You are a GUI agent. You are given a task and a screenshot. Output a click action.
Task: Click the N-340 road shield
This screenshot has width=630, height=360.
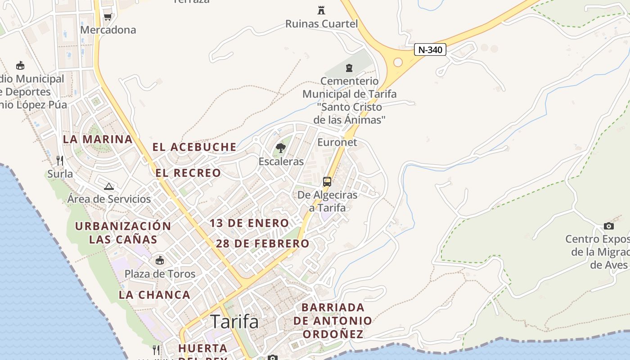click(x=430, y=49)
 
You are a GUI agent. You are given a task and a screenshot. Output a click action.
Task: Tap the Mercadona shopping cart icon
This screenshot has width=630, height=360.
click(x=108, y=17)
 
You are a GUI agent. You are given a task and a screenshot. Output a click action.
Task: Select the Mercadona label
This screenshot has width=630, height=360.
click(x=108, y=30)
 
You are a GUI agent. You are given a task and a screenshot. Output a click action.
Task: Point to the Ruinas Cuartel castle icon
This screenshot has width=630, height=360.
click(x=321, y=10)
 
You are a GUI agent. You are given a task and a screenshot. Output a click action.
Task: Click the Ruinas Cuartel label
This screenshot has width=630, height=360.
click(x=321, y=23)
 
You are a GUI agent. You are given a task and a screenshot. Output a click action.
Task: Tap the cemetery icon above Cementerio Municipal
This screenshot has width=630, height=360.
click(x=349, y=68)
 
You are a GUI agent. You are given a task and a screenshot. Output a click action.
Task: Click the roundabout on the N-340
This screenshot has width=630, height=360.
click(x=398, y=62)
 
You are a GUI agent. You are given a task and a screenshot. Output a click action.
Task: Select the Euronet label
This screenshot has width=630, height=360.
click(x=337, y=142)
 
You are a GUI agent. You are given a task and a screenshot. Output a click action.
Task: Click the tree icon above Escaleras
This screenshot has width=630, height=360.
click(x=281, y=148)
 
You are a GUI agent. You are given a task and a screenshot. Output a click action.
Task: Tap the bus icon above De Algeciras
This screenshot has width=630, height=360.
click(x=327, y=182)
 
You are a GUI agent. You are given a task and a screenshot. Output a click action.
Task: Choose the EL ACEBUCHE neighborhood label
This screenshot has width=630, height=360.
click(x=194, y=147)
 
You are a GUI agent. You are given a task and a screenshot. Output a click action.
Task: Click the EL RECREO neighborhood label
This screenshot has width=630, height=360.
click(x=188, y=173)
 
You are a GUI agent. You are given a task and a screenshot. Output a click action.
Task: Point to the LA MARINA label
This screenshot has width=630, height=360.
click(x=98, y=139)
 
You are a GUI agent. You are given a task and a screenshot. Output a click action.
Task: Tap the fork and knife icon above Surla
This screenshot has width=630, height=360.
click(x=60, y=160)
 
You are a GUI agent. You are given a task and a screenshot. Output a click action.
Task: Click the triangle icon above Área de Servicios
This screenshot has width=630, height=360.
click(x=108, y=186)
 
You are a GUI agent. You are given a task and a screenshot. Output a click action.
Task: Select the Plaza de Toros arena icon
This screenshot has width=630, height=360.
click(x=159, y=260)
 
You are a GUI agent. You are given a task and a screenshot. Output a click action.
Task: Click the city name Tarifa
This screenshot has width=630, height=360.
click(x=234, y=321)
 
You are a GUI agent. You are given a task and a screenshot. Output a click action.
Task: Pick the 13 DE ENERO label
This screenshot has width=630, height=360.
click(x=249, y=223)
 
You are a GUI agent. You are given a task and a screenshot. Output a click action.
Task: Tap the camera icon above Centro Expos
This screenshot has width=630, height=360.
click(x=609, y=226)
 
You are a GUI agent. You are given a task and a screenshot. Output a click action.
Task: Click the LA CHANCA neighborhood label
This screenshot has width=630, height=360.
click(x=154, y=295)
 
